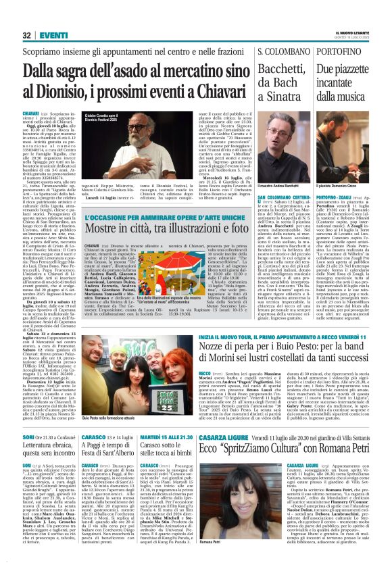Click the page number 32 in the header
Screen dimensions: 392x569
27,35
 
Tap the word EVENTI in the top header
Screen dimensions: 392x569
51,35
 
